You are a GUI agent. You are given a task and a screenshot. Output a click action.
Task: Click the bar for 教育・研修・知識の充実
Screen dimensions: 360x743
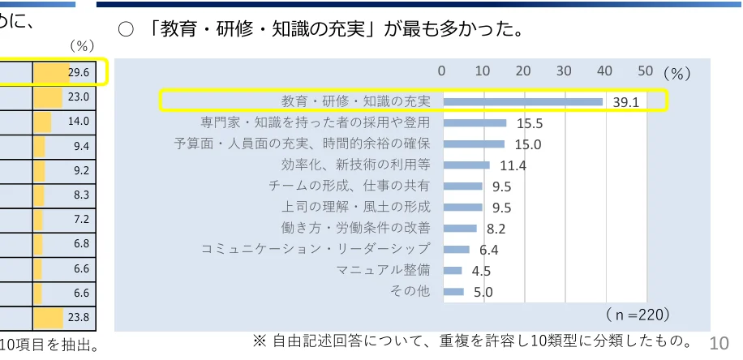coord(523,101)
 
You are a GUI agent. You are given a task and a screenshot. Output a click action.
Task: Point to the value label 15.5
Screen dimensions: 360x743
coord(529,123)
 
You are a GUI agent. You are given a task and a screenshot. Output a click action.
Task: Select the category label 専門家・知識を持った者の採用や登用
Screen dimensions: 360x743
coord(315,122)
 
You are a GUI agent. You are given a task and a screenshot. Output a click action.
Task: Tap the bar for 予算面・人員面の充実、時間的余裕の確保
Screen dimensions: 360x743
coord(474,144)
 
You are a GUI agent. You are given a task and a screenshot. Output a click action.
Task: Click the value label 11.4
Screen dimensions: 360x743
coord(513,165)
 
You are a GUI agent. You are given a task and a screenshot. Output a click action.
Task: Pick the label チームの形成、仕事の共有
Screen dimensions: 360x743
coord(350,186)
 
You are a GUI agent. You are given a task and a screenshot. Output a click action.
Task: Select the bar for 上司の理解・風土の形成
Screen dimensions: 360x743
coord(463,207)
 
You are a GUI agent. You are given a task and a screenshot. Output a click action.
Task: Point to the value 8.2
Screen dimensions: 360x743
coord(496,229)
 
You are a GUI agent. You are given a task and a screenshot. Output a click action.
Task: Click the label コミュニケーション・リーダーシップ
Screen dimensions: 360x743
coord(316,249)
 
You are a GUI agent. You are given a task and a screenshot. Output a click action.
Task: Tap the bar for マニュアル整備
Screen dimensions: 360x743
coord(453,270)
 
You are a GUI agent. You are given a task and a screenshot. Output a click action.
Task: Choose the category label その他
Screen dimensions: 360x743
coord(410,291)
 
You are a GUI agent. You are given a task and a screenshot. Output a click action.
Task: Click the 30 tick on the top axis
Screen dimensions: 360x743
coord(565,71)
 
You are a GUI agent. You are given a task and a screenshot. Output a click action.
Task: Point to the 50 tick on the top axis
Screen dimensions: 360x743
coord(646,71)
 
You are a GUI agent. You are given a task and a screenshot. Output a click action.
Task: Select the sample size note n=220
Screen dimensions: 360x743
coord(638,313)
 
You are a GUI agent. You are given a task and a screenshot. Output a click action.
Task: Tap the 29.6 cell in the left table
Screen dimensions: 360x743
coord(79,72)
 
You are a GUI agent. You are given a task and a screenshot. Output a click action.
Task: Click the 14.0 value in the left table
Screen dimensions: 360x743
coord(79,122)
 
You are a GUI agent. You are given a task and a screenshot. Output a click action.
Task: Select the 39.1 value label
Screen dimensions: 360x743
coord(628,103)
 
